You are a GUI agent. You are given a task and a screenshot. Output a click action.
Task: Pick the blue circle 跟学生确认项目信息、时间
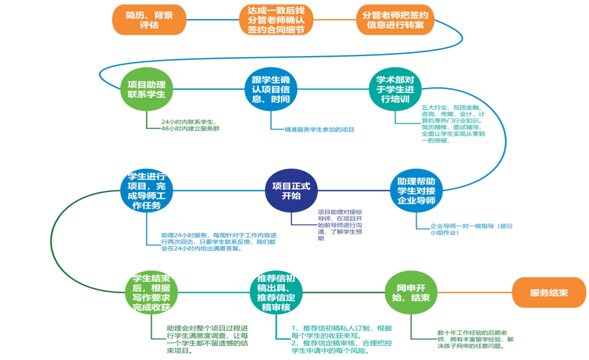pyautogui.click(x=271, y=89)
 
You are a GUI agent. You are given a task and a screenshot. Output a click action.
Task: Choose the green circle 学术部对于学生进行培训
pyautogui.click(x=395, y=89)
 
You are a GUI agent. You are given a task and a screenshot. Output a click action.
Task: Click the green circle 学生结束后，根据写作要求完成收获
pyautogui.click(x=151, y=293)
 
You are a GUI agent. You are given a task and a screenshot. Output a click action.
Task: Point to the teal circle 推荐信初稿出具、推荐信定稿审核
pyautogui.click(x=276, y=293)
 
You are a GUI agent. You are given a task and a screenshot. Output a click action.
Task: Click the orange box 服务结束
pyautogui.click(x=549, y=293)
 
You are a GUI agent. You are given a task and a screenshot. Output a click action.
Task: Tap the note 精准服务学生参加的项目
pyautogui.click(x=319, y=130)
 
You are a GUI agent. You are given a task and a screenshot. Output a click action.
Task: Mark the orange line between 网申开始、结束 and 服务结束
pyautogui.click(x=473, y=293)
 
